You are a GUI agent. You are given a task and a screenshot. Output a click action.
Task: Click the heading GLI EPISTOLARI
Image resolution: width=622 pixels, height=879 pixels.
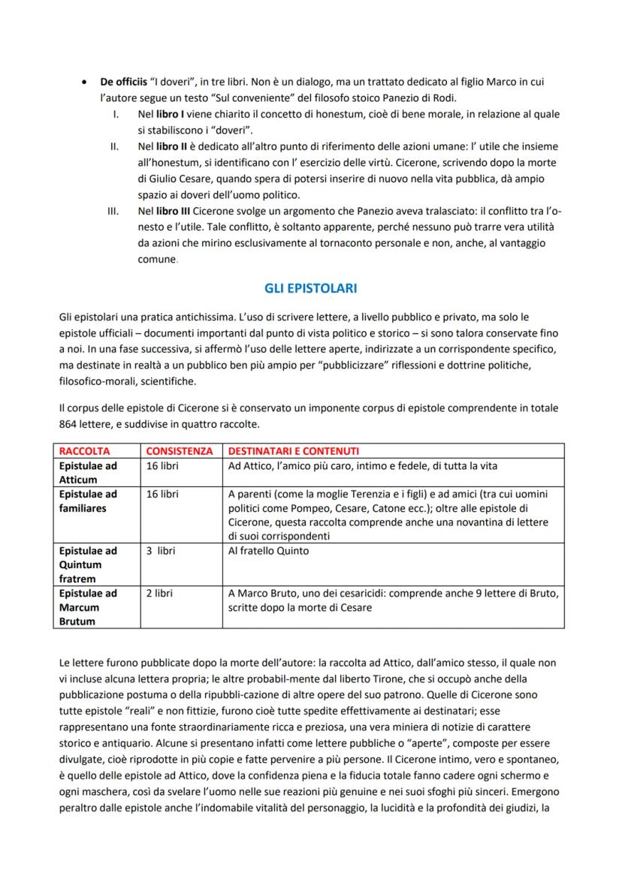pyautogui.click(x=310, y=288)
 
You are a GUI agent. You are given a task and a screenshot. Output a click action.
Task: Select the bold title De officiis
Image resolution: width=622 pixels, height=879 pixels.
pyautogui.click(x=124, y=82)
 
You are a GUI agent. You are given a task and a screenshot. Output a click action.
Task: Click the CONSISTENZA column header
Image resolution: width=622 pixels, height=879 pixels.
pyautogui.click(x=180, y=451)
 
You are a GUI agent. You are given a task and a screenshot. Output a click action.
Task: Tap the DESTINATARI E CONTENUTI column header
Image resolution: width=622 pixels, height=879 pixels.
pyautogui.click(x=293, y=451)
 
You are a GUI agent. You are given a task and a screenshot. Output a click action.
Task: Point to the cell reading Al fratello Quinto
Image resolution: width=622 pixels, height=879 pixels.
pyautogui.click(x=268, y=550)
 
